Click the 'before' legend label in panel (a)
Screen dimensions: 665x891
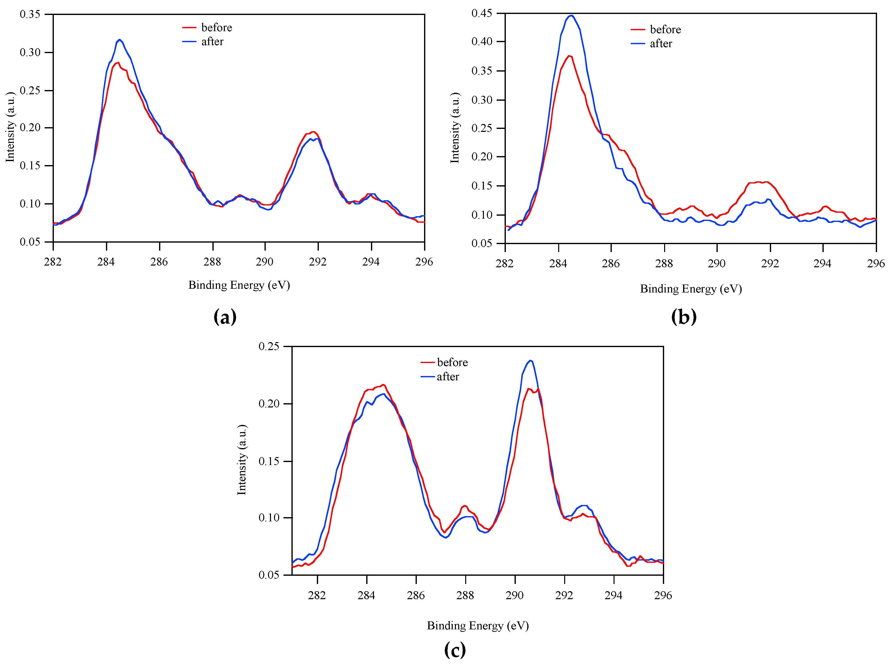point(216,27)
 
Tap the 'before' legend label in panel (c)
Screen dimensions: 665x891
point(452,362)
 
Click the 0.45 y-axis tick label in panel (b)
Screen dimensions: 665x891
point(481,13)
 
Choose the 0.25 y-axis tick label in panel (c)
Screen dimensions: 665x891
point(268,346)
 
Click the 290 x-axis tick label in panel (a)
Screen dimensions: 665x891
point(265,262)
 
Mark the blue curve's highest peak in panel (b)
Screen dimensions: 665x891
point(571,15)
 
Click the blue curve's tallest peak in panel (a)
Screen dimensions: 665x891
point(119,39)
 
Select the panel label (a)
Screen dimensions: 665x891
point(225,317)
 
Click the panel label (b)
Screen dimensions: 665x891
point(683,317)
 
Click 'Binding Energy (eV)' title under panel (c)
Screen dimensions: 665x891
point(478,626)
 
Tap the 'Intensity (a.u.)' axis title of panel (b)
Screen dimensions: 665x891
point(455,128)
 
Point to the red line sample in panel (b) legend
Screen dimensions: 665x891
point(637,30)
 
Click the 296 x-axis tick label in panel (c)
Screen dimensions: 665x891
point(663,595)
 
